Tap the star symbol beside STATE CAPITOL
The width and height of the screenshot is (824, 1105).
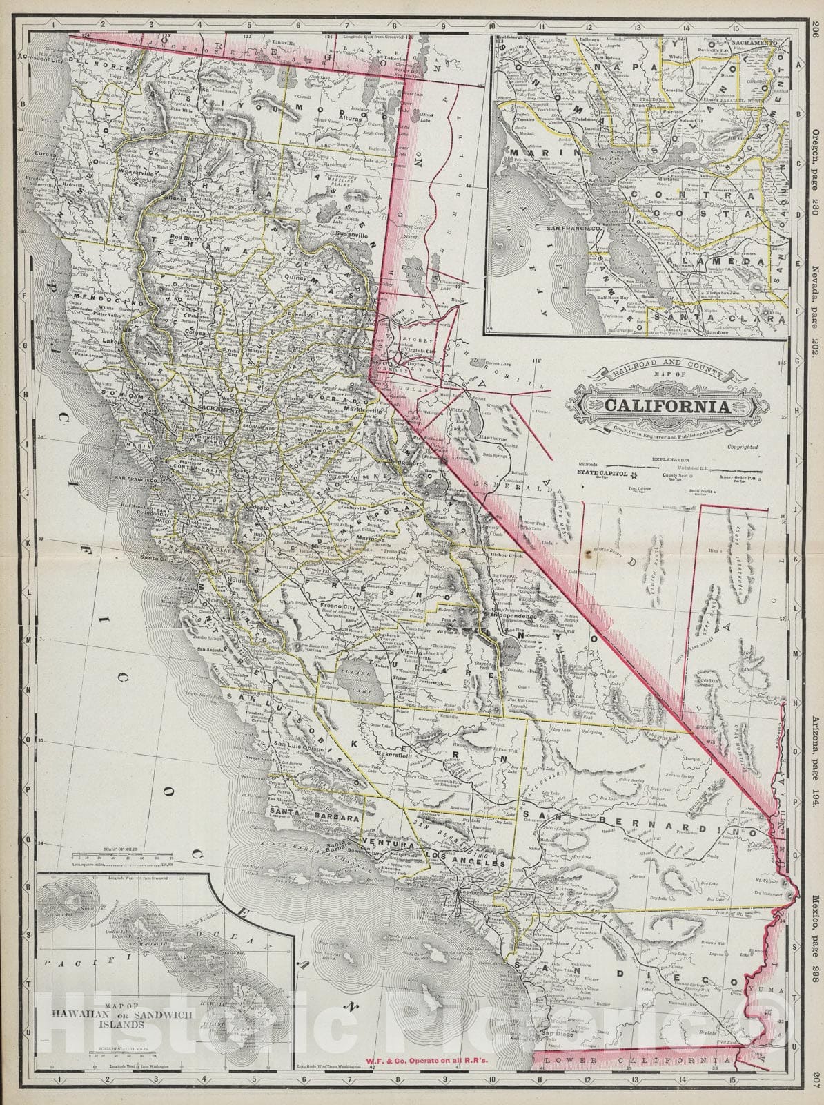pyautogui.click(x=633, y=474)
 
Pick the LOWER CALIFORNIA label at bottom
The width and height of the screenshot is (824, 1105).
pyautogui.click(x=635, y=1079)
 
